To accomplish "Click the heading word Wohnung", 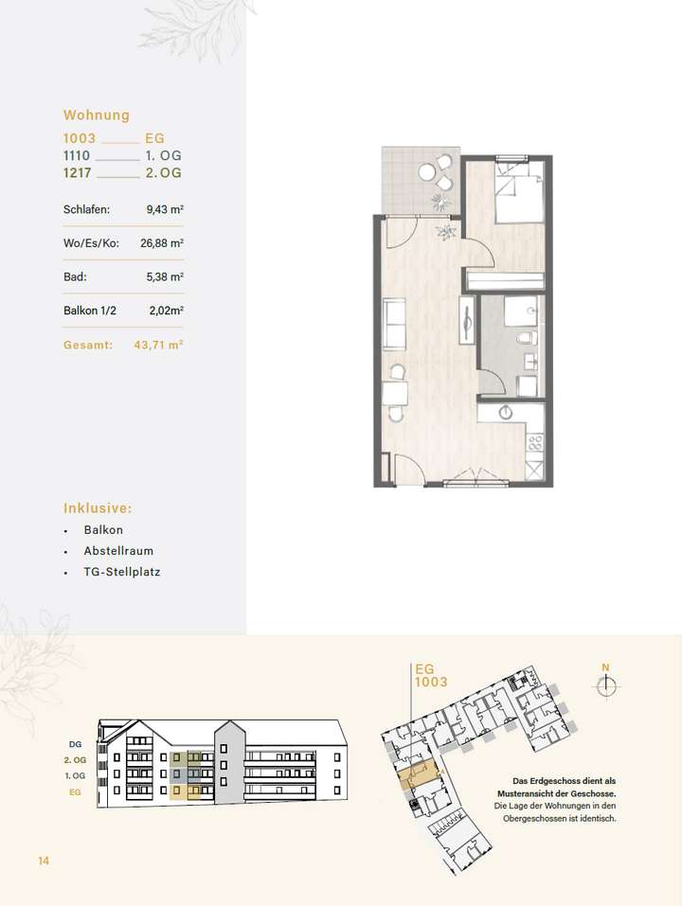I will point(96,115).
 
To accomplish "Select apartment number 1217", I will point(79,173).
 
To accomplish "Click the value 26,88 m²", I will point(161,243).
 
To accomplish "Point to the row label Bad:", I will point(76,277).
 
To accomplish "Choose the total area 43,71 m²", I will point(160,346).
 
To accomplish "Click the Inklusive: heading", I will point(98,507).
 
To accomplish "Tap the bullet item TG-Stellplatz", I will point(121,573).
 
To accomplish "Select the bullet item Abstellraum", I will point(118,551).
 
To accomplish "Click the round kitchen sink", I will point(506,413).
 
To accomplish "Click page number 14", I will point(44,861).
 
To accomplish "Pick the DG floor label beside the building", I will point(76,744).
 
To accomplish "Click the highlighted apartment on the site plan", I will point(417,775).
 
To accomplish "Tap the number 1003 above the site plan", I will point(431,682).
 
